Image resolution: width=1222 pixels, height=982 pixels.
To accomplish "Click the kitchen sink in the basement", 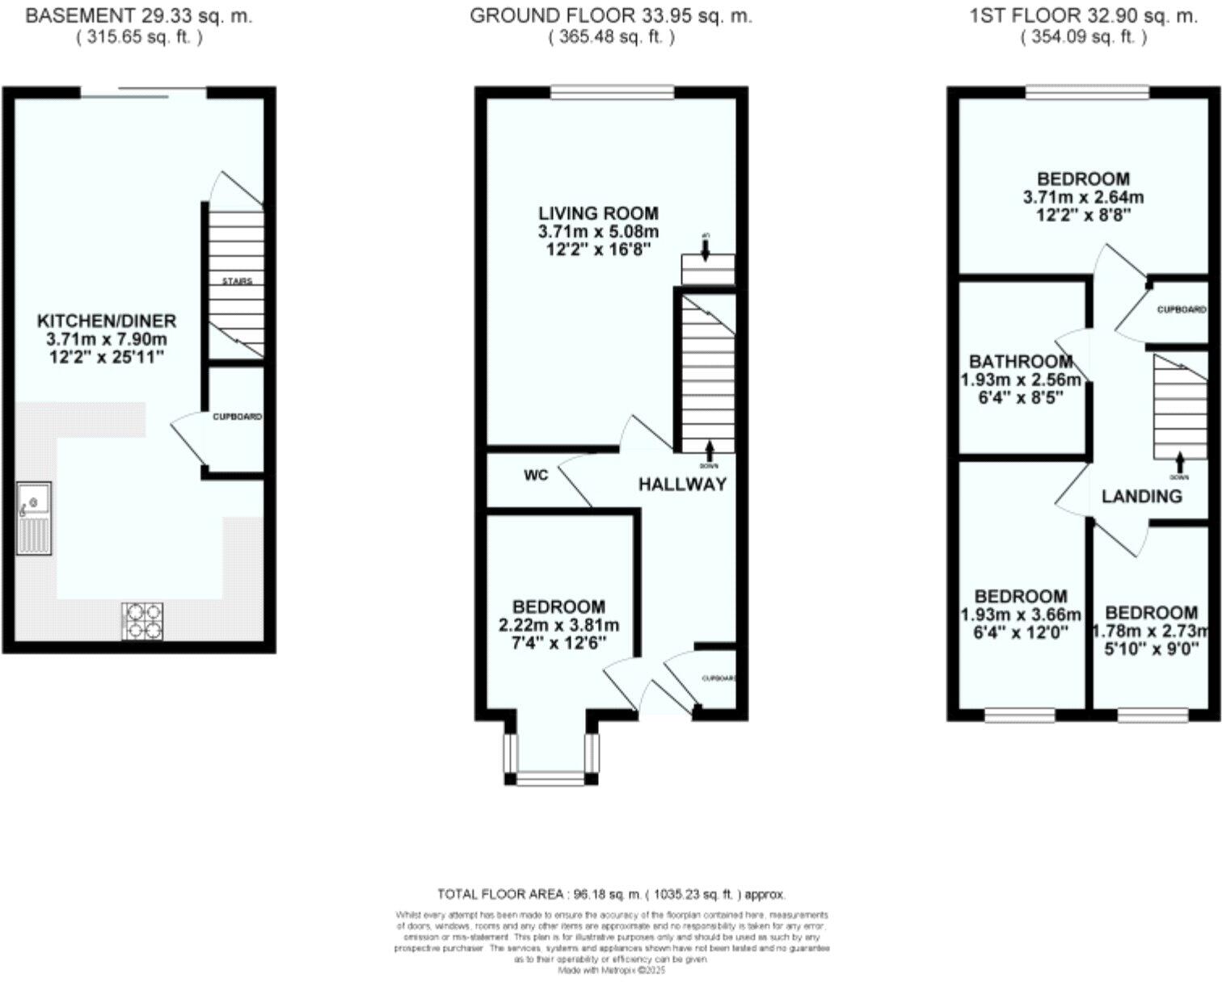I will pos(34,518).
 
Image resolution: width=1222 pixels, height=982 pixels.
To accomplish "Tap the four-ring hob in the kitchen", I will pos(142,621).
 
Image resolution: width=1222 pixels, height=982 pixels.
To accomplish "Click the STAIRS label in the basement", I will pos(237,281).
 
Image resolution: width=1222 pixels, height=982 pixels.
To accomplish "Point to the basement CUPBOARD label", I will pos(237,417).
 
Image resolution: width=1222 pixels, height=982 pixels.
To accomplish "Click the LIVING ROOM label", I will pos(598,213).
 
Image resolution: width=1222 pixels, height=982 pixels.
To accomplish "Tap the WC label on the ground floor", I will pos(536,475).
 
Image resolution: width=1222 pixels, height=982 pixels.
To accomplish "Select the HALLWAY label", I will pos(682,484).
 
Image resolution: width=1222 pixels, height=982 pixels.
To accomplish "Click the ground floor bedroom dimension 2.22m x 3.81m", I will pos(558,624).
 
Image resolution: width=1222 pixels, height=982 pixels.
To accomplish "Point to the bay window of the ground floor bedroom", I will pos(550,778).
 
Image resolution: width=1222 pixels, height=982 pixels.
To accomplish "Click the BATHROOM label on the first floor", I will pos(1021,361).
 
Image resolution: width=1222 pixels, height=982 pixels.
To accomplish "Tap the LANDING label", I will pos(1141,496).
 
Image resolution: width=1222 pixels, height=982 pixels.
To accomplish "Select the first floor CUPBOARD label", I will pos(1181,309).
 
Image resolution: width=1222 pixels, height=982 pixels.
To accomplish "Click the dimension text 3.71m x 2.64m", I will pos(1083,196).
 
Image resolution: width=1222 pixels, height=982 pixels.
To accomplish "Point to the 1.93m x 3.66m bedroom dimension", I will pos(1021,615).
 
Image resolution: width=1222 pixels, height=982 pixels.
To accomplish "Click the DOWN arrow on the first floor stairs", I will pos(1179,464).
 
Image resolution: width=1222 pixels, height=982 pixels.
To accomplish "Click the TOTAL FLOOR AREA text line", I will pos(611,894).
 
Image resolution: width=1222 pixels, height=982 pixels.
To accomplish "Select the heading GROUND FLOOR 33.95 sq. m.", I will pos(611,15).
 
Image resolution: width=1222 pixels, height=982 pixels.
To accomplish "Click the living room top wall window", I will pos(612,93).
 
